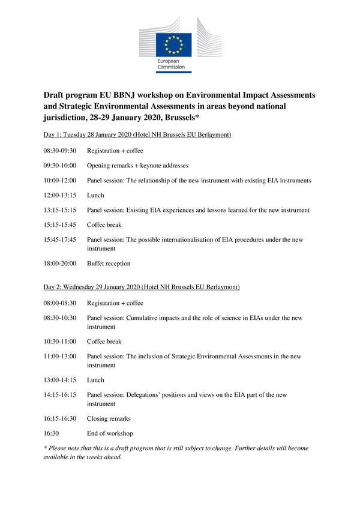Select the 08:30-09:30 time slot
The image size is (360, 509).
pos(60,151)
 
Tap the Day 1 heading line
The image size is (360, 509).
pos(142,134)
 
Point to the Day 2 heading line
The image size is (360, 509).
pos(142,287)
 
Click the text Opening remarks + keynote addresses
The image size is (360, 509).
pos(137,165)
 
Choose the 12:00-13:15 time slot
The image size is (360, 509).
pos(60,195)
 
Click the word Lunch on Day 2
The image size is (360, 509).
pos(95,380)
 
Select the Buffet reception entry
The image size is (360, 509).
pos(109,264)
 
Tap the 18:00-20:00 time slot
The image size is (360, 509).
pos(60,264)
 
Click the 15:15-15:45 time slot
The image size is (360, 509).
pos(60,225)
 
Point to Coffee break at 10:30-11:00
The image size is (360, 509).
pos(104,342)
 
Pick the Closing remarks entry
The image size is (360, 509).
pos(109,418)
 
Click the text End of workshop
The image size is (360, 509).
pos(110,433)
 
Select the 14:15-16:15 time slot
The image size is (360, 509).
pos(60,395)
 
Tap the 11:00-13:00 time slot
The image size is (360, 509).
pos(60,357)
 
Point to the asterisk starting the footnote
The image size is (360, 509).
pos(45,448)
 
